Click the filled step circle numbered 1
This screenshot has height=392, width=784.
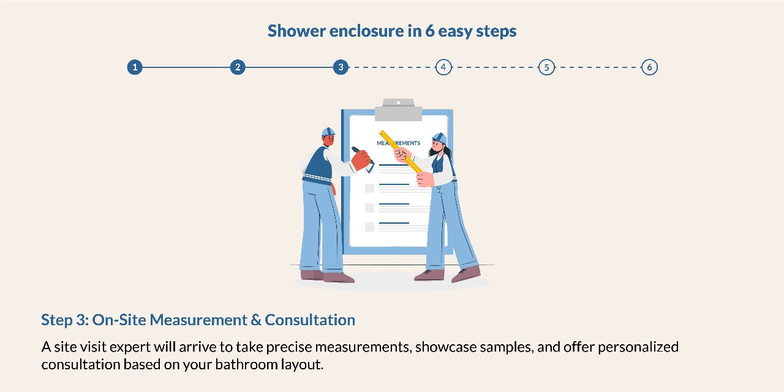click(135, 67)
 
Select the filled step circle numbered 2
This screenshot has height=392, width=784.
click(238, 67)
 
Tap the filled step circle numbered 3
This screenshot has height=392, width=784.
click(341, 67)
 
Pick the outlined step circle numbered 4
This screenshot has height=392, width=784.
click(443, 67)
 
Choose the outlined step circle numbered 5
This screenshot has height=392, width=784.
click(546, 67)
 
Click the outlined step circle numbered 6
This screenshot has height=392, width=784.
click(649, 67)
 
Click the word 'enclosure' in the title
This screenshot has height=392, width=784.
click(366, 31)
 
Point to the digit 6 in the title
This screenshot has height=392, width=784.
click(430, 31)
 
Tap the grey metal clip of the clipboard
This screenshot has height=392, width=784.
click(398, 110)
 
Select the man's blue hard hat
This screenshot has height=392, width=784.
click(328, 132)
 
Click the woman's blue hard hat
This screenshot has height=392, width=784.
click(440, 138)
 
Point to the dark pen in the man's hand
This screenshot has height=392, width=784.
click(361, 154)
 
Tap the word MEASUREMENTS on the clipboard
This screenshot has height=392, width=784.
click(398, 143)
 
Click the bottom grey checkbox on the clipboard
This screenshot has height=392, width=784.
click(369, 227)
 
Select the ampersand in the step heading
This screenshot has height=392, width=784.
click(256, 320)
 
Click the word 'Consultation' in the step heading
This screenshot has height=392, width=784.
click(310, 320)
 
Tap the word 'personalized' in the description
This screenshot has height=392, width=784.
click(638, 347)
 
